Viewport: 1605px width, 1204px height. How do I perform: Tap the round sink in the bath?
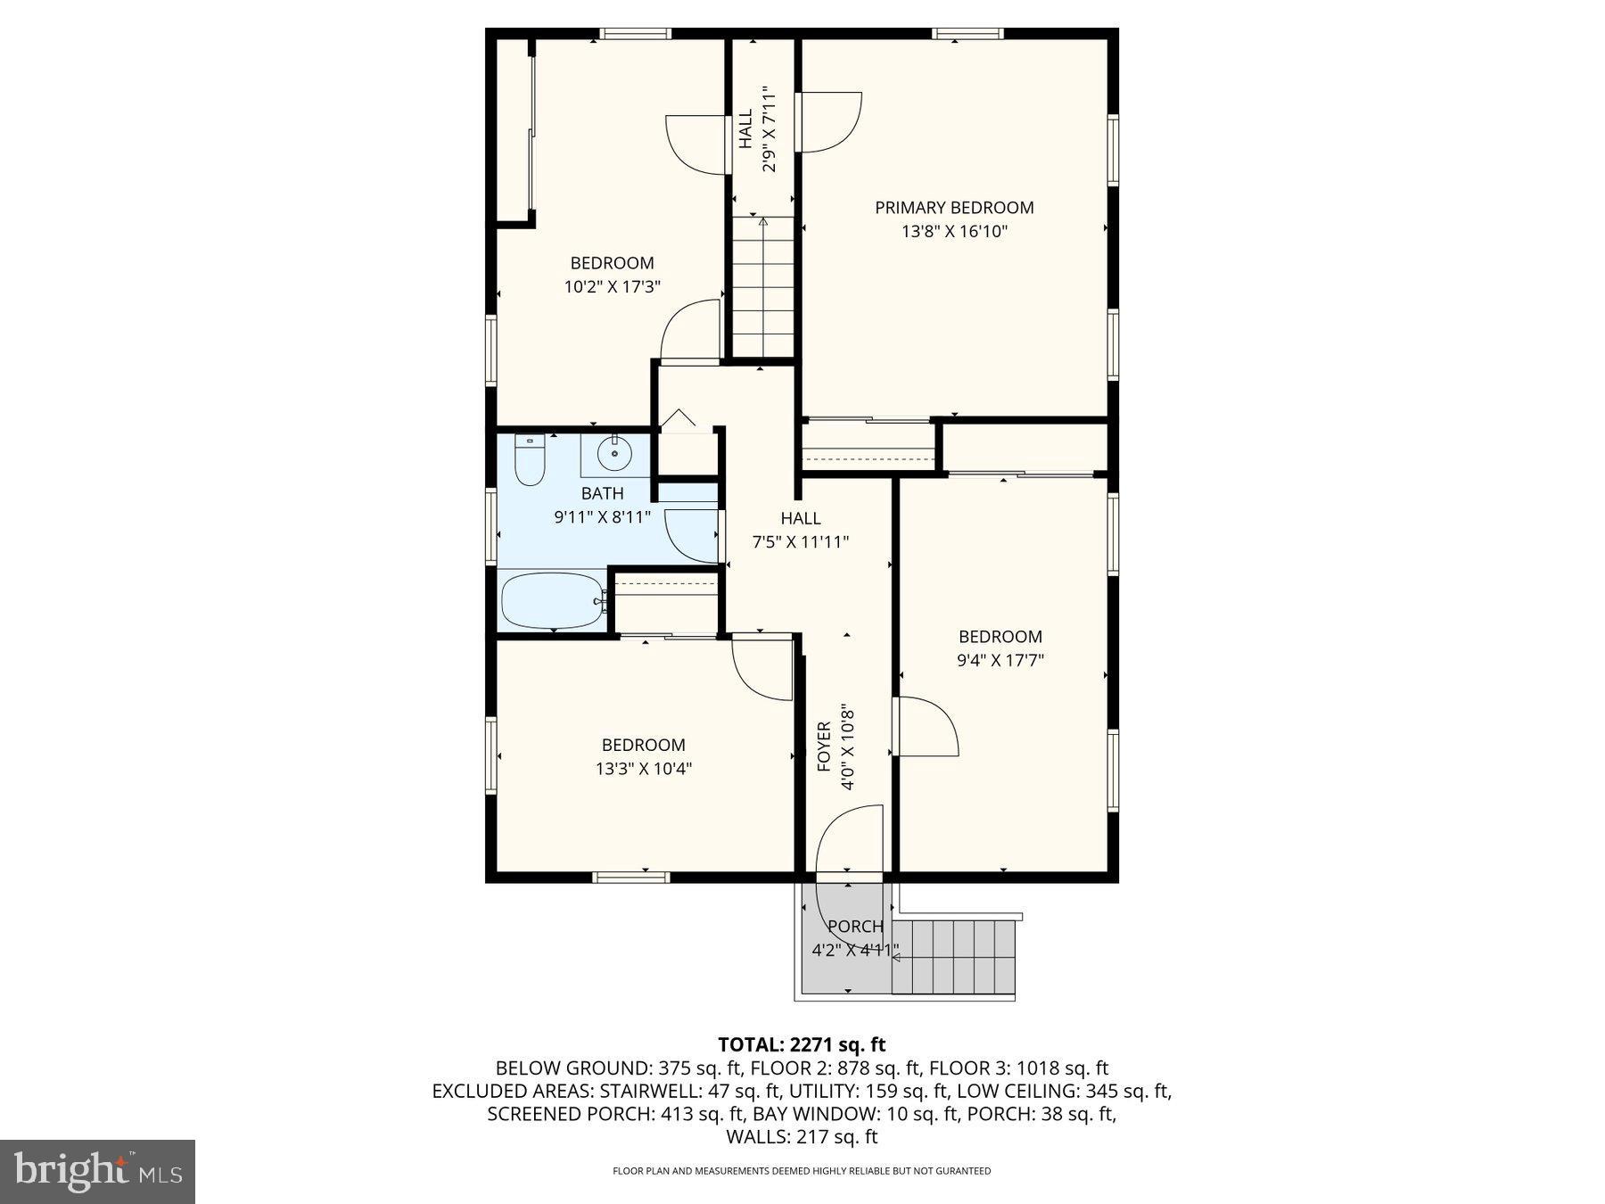pyautogui.click(x=614, y=456)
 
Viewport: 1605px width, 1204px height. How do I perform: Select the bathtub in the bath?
pyautogui.click(x=552, y=600)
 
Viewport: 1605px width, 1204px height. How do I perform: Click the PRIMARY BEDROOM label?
pyautogui.click(x=954, y=208)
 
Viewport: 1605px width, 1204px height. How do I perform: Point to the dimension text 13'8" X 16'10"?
pyautogui.click(x=954, y=232)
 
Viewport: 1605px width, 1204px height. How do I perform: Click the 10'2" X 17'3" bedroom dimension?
pyautogui.click(x=612, y=287)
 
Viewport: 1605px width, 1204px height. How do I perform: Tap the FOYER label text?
pyautogui.click(x=824, y=746)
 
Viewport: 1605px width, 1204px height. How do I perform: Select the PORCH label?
pyautogui.click(x=855, y=927)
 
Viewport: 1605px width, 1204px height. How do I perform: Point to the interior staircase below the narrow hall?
pyautogui.click(x=763, y=285)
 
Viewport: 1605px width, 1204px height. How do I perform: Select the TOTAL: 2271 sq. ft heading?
pyautogui.click(x=802, y=1044)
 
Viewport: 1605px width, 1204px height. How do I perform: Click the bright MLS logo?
pyautogui.click(x=97, y=1171)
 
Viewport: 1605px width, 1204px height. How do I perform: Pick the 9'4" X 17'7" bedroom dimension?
pyautogui.click(x=1000, y=661)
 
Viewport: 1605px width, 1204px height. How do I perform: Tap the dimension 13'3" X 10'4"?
pyautogui.click(x=643, y=769)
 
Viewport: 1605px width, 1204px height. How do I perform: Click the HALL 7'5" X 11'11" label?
pyautogui.click(x=801, y=530)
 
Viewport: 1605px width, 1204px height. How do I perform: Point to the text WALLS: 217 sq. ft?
pyautogui.click(x=802, y=1137)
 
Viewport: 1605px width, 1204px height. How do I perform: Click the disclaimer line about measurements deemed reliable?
pyautogui.click(x=802, y=1171)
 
